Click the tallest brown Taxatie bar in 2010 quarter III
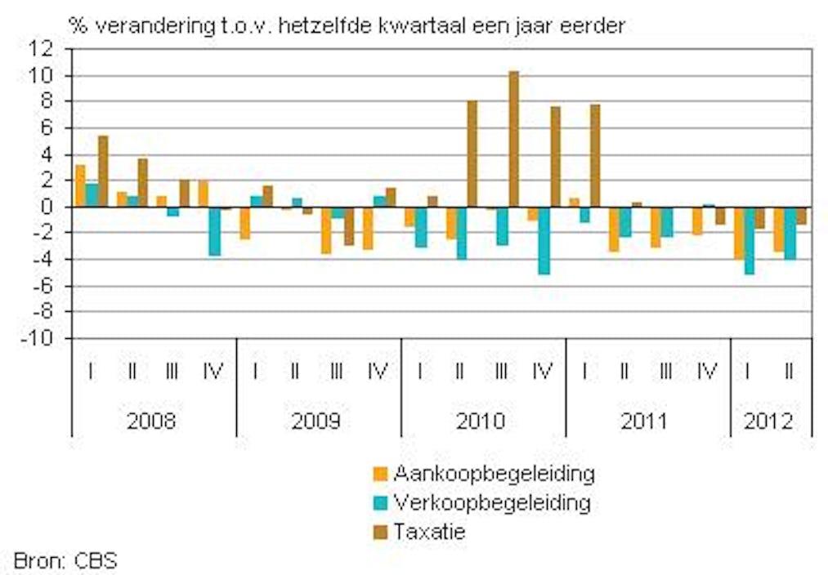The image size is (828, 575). [513, 139]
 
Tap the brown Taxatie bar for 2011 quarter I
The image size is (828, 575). [595, 155]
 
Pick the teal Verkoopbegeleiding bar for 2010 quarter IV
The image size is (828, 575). [544, 240]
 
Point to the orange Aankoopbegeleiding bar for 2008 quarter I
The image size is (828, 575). [80, 185]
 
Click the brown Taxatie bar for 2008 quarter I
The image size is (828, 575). [103, 171]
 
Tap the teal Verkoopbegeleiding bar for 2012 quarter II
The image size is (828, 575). [790, 233]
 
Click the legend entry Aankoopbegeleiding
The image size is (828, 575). [494, 473]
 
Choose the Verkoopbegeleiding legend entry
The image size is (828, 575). [491, 501]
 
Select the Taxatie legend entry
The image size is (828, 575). [429, 531]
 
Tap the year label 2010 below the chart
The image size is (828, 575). [482, 421]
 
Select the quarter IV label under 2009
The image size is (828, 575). [378, 372]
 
